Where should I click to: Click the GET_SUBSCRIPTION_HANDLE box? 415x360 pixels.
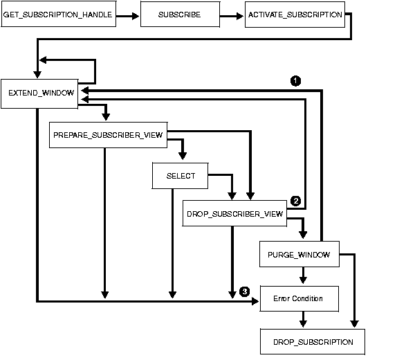click(57, 15)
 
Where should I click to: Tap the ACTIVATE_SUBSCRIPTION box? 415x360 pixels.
click(295, 15)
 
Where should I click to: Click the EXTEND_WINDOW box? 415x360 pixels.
click(41, 92)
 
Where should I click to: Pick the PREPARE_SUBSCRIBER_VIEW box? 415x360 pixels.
click(108, 135)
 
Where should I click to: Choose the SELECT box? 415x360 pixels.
click(181, 176)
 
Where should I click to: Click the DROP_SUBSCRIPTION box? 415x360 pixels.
click(313, 342)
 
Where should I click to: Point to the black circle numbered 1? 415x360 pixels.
click(295, 80)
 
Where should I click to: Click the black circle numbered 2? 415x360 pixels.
click(295, 201)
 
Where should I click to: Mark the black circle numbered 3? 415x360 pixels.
click(244, 291)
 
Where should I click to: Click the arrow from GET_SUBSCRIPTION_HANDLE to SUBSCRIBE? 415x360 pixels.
click(127, 15)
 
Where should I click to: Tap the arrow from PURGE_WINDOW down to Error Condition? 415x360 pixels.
click(302, 276)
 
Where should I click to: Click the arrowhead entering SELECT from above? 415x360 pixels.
click(182, 158)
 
